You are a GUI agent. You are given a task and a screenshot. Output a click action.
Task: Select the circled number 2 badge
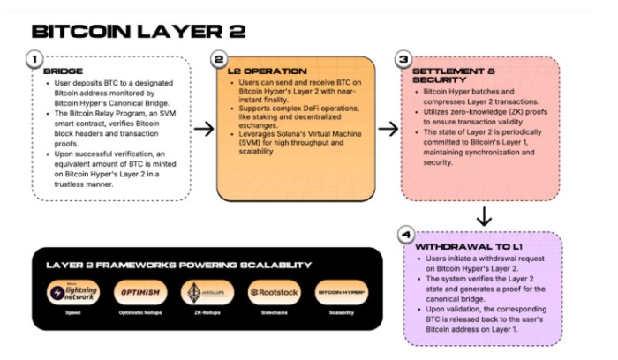coord(221,59)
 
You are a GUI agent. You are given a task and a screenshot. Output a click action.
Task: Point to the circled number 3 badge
coord(403,59)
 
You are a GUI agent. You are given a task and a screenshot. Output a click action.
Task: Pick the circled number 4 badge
coord(405,236)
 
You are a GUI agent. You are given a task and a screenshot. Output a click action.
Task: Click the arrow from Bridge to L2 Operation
coord(203,130)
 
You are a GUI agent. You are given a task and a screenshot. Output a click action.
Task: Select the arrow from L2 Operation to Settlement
coord(387,130)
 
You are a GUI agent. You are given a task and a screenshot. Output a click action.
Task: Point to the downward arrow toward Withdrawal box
coord(484,215)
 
